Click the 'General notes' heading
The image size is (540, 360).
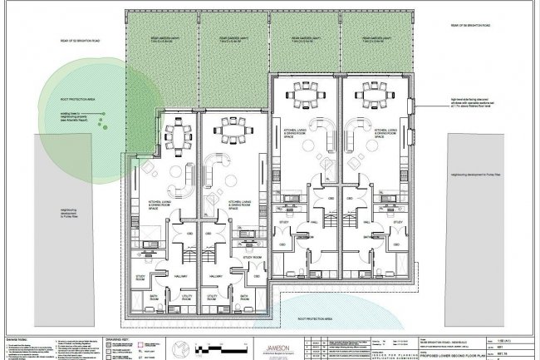[18, 339]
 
